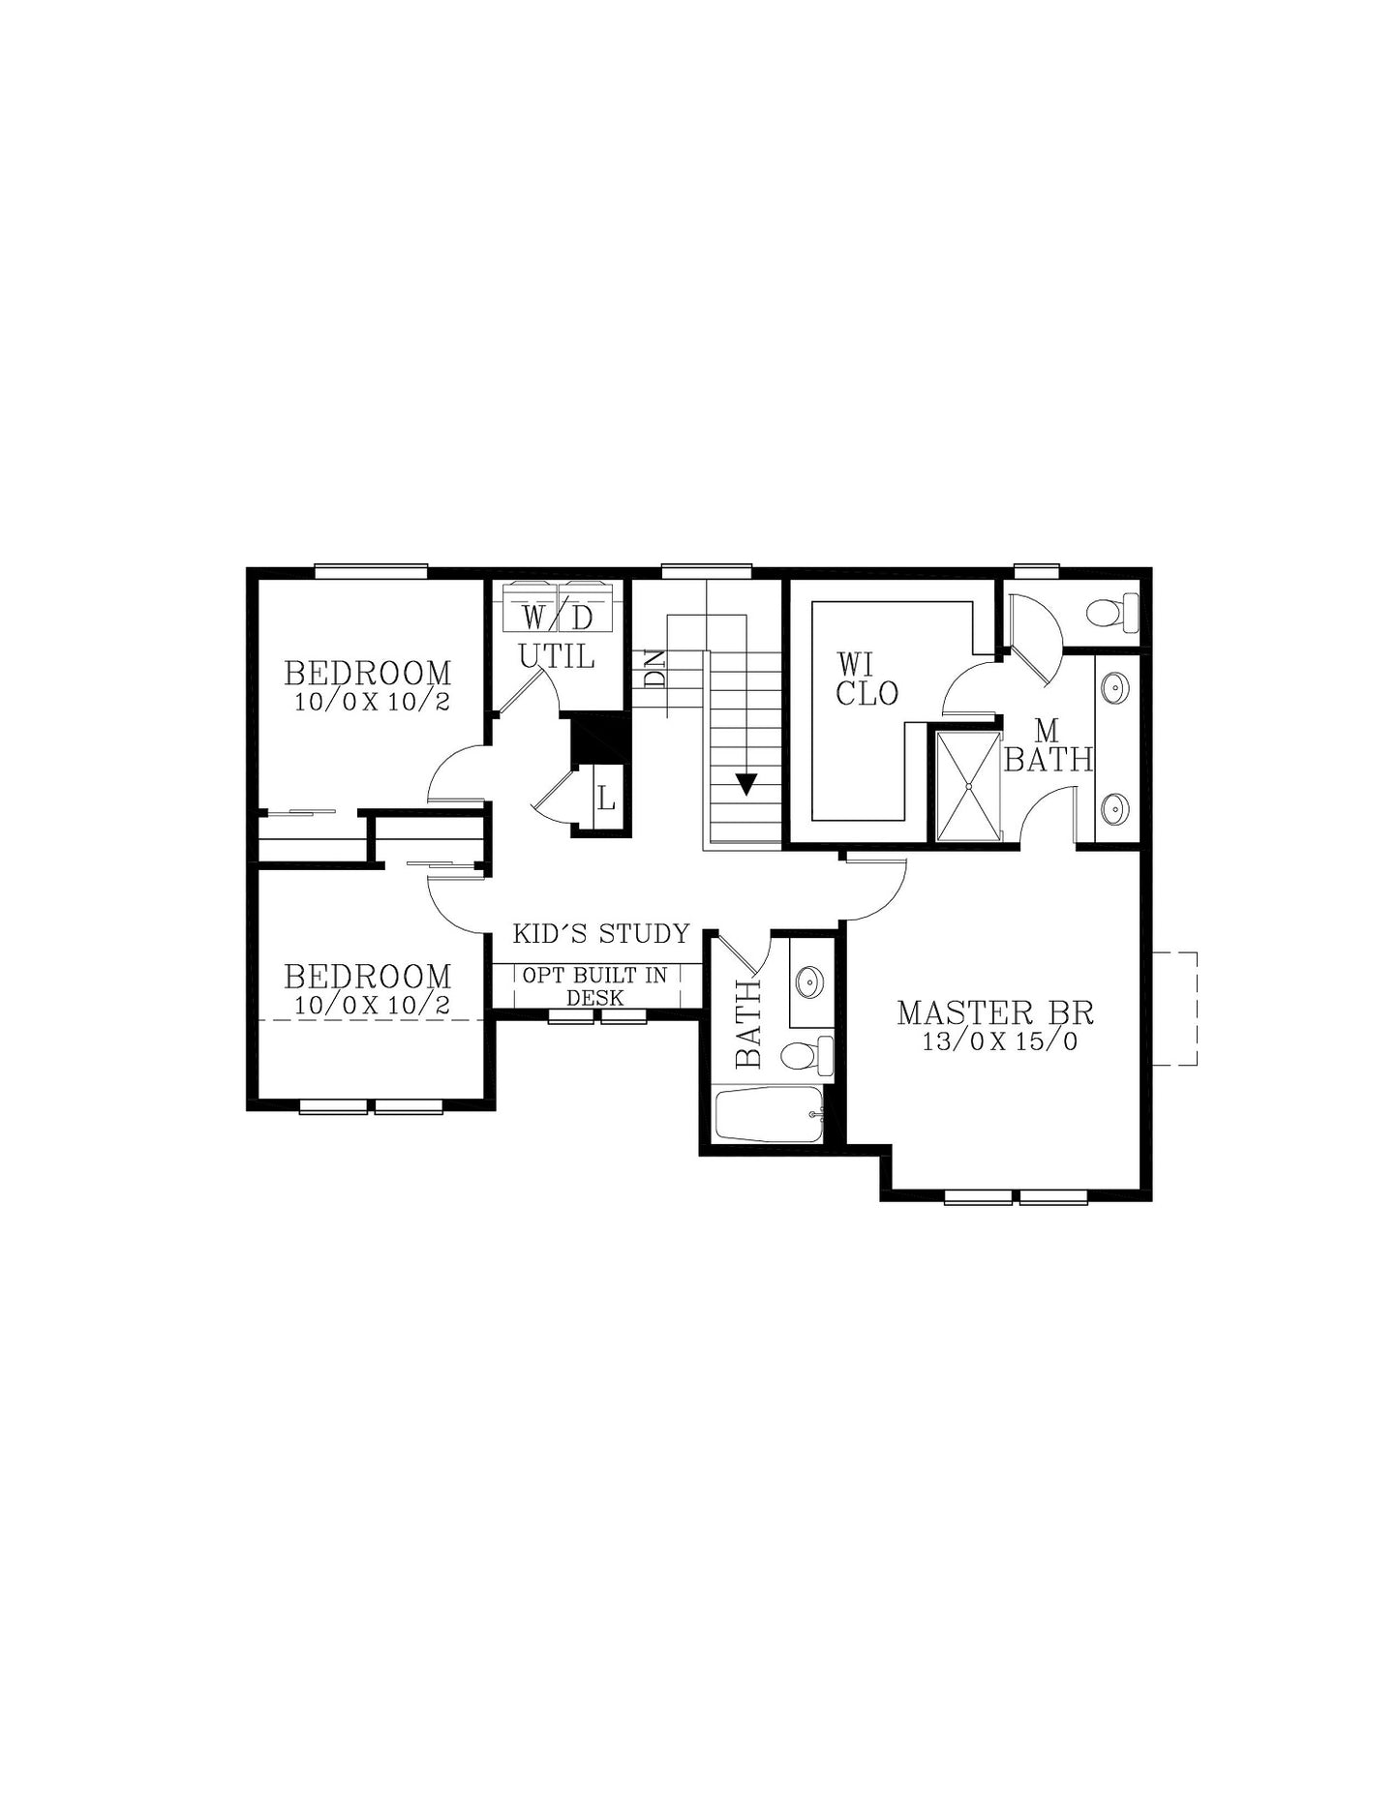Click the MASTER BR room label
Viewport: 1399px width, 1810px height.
pos(995,1012)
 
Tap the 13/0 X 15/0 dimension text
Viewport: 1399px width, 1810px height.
pos(1000,1041)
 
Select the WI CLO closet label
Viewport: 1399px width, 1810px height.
pos(867,679)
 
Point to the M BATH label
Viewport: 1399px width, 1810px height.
pos(1049,745)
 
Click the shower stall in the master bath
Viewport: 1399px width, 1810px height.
pos(968,787)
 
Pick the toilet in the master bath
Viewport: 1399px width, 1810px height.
pos(1112,612)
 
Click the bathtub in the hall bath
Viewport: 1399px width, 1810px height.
pos(770,1114)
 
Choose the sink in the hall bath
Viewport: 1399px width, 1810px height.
pos(809,981)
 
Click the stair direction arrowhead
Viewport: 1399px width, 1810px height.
pos(745,784)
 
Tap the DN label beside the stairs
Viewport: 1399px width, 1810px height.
pos(655,668)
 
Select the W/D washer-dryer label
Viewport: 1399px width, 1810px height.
pos(558,617)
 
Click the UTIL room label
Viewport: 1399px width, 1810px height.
pos(557,656)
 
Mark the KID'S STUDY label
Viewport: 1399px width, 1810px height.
pos(601,934)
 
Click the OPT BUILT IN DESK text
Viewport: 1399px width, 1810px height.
pos(595,986)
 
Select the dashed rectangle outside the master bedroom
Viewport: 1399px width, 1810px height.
pos(1176,1009)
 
